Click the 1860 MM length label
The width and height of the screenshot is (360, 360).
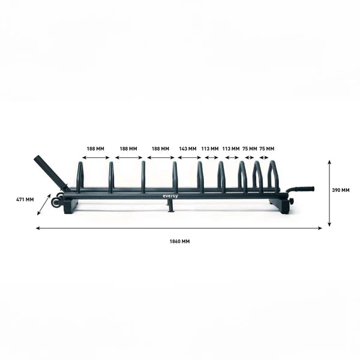(179, 241)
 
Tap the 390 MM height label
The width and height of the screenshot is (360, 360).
(340, 190)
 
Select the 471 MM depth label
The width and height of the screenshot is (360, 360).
(25, 199)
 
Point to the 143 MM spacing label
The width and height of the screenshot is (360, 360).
(188, 148)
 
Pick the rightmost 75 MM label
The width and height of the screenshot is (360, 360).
(266, 148)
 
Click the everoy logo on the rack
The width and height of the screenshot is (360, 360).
(170, 195)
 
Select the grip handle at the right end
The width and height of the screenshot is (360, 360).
(302, 188)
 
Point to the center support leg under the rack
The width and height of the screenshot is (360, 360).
(170, 205)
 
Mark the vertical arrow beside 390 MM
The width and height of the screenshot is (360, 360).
(329, 193)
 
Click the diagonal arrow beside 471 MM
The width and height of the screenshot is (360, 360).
(44, 204)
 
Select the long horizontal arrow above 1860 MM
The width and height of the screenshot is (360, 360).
(179, 228)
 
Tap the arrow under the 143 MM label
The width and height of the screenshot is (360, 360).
(189, 157)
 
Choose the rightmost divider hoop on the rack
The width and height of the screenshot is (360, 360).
(273, 175)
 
